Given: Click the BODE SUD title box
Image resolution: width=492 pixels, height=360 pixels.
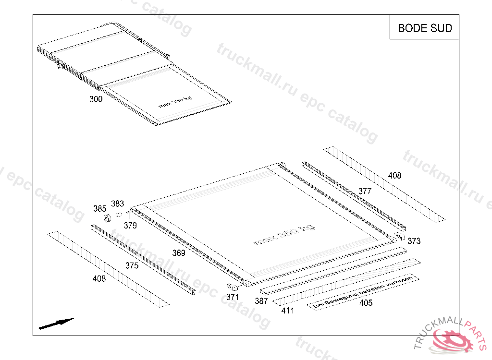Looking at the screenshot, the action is click(425, 28).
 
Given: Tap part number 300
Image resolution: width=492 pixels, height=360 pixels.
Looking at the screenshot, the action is click(96, 99).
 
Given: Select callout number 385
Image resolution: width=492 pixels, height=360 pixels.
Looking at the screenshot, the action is click(100, 209).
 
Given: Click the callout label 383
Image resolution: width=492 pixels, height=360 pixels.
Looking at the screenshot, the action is click(118, 204).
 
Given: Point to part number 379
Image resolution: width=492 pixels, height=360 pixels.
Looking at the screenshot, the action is click(130, 225).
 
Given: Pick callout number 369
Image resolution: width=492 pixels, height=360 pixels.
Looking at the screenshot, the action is click(179, 253).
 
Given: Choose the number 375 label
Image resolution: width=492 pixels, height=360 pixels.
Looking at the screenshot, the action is click(132, 265).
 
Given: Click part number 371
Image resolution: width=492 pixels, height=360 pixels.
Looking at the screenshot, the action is click(233, 297).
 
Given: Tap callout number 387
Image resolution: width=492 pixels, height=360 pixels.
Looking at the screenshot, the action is click(261, 301).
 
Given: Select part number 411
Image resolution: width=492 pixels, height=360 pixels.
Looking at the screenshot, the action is click(288, 311).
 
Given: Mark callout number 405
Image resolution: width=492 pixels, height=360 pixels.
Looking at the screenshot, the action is click(366, 303).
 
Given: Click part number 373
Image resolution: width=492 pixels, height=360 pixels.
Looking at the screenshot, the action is click(414, 241).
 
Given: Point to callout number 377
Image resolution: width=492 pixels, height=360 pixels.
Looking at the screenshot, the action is click(365, 191).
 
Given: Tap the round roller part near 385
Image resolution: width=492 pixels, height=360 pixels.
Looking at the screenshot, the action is click(107, 219).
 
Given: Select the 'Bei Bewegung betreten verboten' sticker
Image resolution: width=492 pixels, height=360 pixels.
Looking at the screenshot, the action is click(363, 291).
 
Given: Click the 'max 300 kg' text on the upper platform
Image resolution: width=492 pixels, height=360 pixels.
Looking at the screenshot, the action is click(175, 102).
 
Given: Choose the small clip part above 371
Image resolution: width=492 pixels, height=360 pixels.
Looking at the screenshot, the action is click(234, 288).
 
